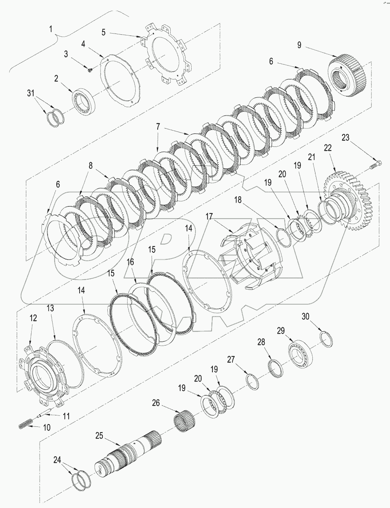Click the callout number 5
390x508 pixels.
(103, 32)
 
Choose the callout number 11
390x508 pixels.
(67, 416)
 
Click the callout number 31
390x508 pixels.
(33, 93)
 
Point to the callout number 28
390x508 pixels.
(261, 342)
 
